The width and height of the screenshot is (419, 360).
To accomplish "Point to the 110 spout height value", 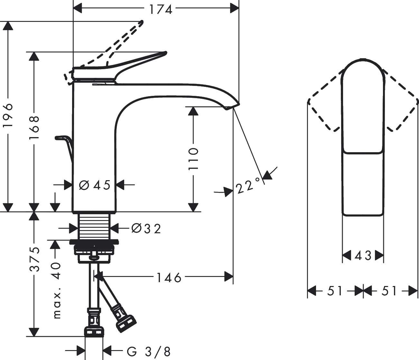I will (193, 159).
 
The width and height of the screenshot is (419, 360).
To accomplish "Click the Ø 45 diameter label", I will (95, 185).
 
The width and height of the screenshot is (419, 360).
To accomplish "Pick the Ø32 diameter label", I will (146, 228).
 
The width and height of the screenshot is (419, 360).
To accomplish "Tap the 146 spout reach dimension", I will (169, 277).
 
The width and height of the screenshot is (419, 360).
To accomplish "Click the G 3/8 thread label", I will (148, 351).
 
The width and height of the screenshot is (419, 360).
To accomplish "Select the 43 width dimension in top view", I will (363, 256).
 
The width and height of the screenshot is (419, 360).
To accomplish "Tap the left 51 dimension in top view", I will (335, 291).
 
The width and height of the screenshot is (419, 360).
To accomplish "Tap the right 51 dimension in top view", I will (389, 291).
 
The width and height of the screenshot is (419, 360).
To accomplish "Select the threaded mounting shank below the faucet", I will (95, 226).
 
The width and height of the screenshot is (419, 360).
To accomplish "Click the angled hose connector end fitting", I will (126, 324).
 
